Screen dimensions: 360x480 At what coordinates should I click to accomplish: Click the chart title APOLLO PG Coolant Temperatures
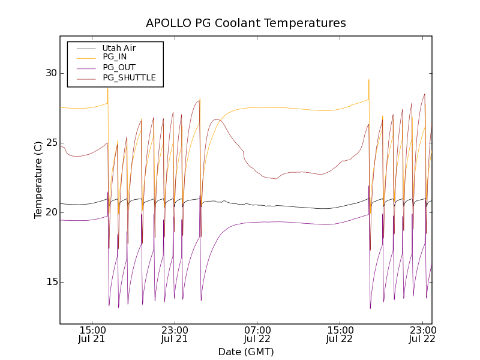(246, 23)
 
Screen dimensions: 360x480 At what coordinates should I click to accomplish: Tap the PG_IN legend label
(115, 57)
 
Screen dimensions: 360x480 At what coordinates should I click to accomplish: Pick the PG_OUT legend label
(119, 67)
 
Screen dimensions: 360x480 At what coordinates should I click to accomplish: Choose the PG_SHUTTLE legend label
(129, 77)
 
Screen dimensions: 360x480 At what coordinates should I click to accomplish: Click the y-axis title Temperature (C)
(38, 180)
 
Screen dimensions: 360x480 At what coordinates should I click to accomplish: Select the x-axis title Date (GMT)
(246, 352)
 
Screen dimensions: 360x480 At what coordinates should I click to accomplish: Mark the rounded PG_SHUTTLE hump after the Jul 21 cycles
(217, 120)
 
